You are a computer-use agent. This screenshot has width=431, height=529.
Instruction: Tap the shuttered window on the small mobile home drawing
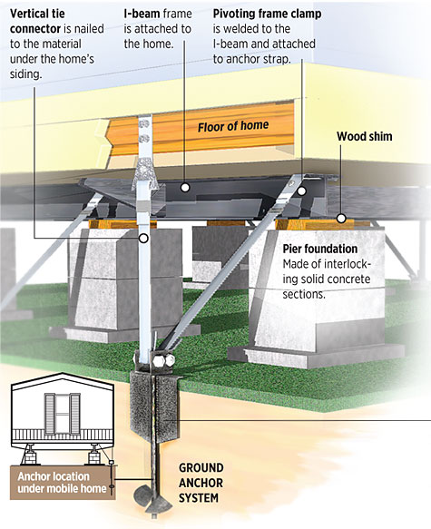pyautogui.click(x=63, y=416)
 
